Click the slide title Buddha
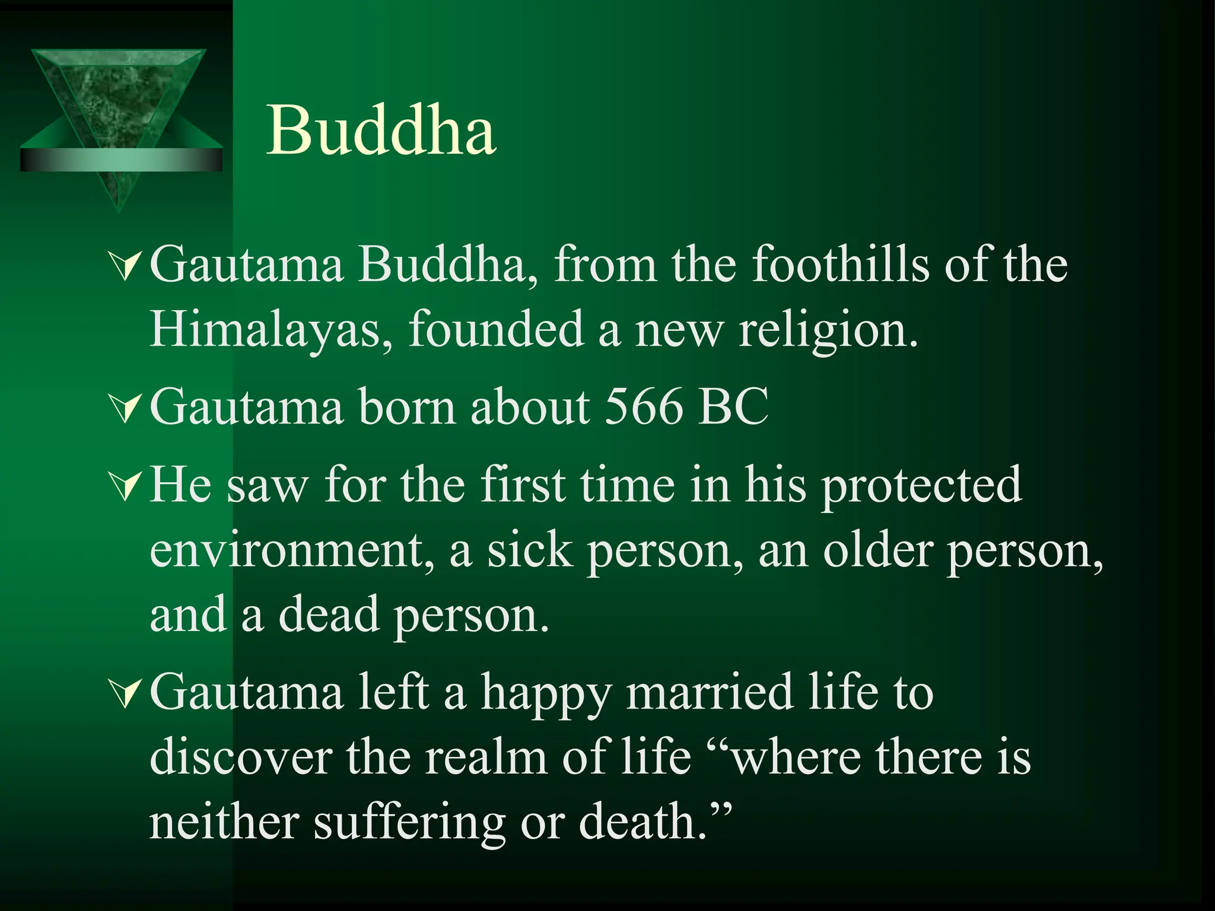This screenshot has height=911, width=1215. (381, 130)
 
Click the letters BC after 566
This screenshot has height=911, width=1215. (733, 408)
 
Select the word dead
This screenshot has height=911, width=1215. (329, 615)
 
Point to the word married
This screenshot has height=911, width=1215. (710, 693)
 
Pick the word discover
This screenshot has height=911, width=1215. (240, 757)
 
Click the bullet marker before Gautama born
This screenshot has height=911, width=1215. (126, 409)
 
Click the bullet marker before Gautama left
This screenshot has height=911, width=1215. (126, 694)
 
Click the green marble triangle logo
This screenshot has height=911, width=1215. (119, 113)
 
